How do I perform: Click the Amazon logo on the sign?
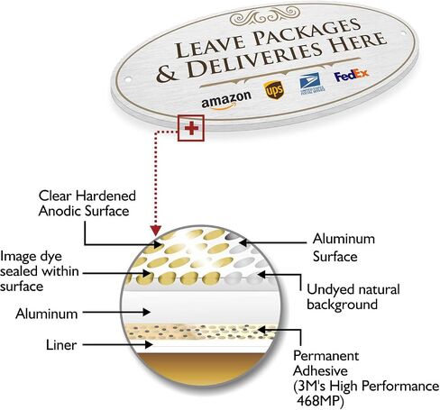click(226, 100)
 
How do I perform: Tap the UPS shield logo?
click(273, 90)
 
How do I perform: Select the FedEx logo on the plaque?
click(352, 75)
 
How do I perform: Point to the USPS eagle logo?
click(311, 83)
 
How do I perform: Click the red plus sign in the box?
click(191, 128)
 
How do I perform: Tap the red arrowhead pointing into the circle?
click(155, 230)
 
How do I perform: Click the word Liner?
click(61, 345)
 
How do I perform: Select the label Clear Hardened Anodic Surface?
click(87, 204)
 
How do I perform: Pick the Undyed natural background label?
click(353, 296)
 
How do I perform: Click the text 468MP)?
click(320, 400)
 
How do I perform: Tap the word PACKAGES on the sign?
click(307, 32)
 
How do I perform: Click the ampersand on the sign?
click(167, 74)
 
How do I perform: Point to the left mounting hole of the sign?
click(128, 79)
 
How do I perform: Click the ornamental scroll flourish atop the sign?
click(265, 16)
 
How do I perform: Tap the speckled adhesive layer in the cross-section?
click(201, 332)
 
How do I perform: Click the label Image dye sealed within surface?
click(40, 271)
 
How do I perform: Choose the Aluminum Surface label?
click(344, 248)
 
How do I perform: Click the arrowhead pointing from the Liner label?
click(149, 344)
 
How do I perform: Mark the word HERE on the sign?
click(358, 43)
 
